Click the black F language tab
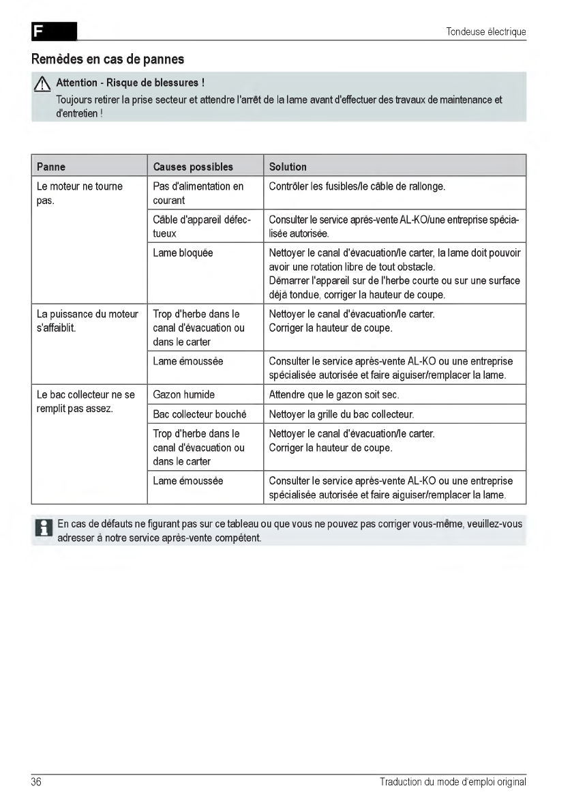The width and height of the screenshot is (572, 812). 54,31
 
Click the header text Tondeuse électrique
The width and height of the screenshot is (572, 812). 486,31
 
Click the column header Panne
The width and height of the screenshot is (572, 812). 51,166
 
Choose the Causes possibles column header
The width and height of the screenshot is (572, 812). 193,166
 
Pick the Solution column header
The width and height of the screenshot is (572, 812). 288,166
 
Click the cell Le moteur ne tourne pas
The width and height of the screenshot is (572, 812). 79,193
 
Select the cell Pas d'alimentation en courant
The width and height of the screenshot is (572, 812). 198,193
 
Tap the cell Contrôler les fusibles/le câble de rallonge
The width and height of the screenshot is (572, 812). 357,186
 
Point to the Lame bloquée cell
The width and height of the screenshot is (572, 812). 183,252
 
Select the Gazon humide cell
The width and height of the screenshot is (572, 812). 183,394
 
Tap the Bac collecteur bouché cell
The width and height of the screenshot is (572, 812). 199,414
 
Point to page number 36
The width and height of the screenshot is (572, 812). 36,782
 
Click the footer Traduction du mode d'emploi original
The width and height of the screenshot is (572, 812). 453,782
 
